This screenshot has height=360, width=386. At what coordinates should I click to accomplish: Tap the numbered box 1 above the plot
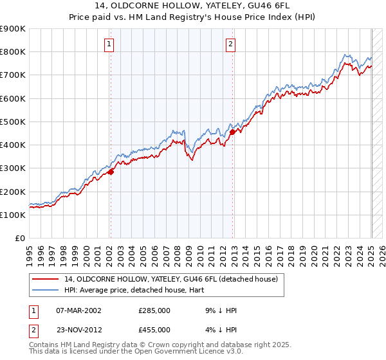(110, 44)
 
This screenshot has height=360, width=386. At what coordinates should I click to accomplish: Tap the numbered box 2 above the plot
(230, 44)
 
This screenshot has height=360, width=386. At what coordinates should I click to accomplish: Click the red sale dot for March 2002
(111, 172)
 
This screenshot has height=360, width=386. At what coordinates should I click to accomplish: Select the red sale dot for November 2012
(233, 132)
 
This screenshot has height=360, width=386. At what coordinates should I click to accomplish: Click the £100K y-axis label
(13, 215)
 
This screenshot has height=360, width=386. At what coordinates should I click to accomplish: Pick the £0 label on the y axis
(20, 239)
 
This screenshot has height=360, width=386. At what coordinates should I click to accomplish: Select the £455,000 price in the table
(154, 329)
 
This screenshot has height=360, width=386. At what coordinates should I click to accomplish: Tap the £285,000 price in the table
(154, 310)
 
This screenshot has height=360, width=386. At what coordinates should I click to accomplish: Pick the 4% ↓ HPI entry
(219, 329)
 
